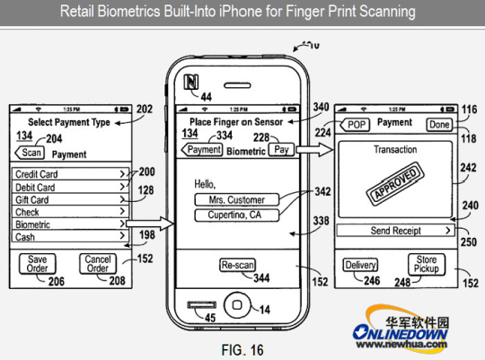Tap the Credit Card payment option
(70, 174)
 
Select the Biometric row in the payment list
(70, 224)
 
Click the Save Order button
(38, 264)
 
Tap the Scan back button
(30, 153)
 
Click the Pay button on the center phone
(281, 150)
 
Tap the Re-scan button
(237, 265)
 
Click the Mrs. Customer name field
(237, 200)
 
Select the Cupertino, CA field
(237, 215)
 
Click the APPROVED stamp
(395, 183)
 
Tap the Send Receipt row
(395, 231)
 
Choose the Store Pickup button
(427, 264)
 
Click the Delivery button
(360, 265)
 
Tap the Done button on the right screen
(439, 125)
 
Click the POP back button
(355, 125)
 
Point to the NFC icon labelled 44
(191, 82)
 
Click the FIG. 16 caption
(242, 350)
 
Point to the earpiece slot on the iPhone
(237, 85)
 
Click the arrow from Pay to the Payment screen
(314, 150)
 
